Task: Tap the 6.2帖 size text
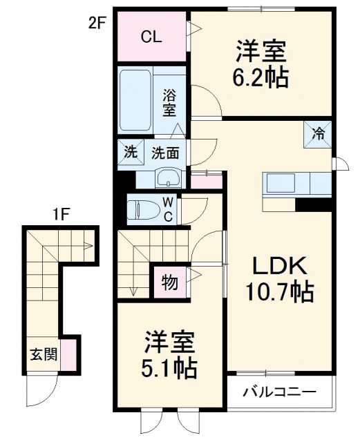262,75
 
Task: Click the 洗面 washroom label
165,153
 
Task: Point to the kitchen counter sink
280,184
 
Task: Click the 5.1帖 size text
171,367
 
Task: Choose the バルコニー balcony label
279,392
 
